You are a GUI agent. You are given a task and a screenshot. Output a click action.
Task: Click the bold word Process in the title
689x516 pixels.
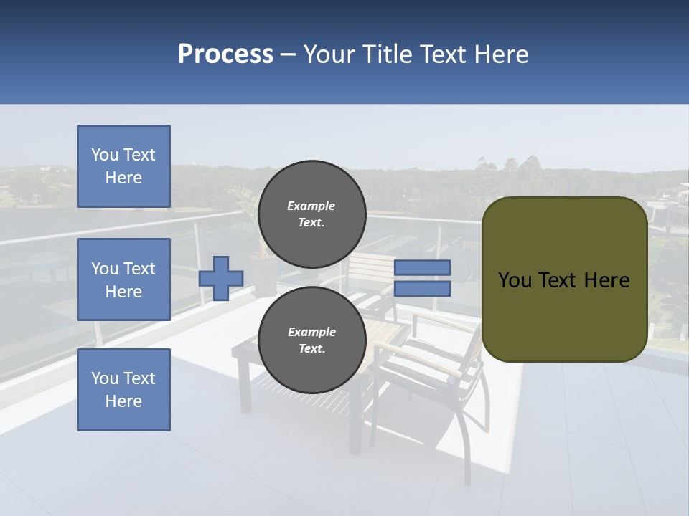225,54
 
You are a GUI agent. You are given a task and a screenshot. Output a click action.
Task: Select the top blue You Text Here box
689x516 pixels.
123,166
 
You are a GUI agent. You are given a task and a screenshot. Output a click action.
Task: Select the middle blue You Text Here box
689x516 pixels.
123,279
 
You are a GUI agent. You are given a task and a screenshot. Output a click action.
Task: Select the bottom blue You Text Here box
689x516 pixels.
123,390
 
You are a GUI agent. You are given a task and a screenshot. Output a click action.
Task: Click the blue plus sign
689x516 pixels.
221,278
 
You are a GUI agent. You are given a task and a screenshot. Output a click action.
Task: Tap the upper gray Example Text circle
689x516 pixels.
311,214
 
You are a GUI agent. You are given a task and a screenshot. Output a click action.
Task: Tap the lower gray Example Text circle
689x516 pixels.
311,340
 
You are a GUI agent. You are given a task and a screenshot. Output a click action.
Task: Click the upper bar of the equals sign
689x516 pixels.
422,267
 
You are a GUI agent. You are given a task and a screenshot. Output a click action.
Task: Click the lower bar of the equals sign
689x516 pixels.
422,289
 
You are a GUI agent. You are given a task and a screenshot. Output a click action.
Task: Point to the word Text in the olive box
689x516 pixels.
561,280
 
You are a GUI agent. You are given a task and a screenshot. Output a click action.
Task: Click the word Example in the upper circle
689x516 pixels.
311,206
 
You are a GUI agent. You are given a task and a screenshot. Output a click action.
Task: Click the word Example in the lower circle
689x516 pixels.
311,332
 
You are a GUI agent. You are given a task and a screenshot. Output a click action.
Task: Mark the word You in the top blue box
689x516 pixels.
104,155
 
